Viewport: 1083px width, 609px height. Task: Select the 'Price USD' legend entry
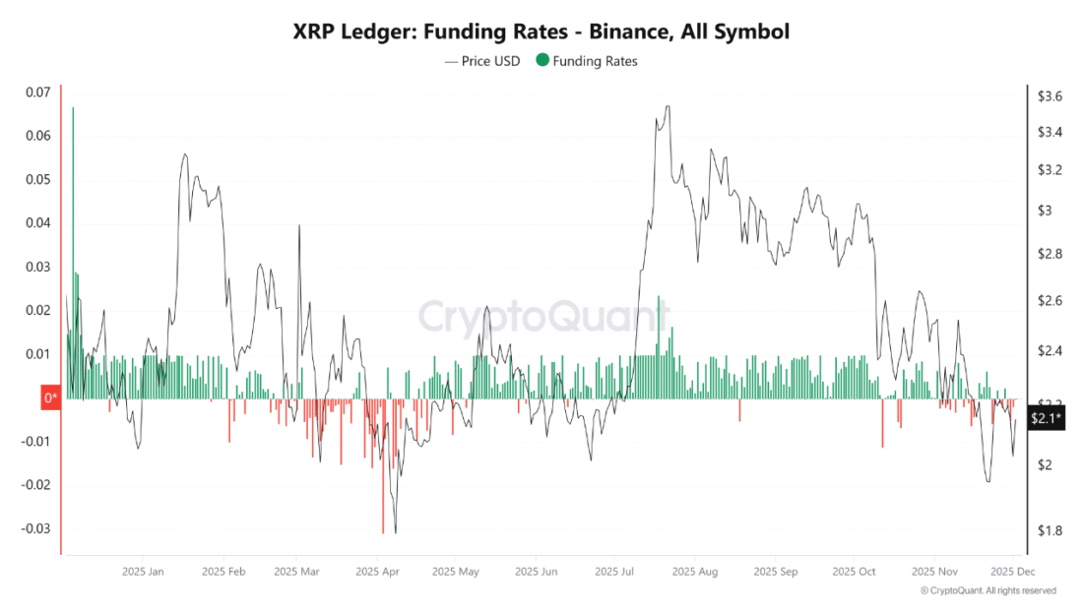pos(489,61)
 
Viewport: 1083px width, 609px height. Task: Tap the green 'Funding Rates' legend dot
pos(542,61)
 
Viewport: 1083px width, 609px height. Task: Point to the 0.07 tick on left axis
pos(36,92)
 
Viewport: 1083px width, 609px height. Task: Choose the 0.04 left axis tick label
pos(36,223)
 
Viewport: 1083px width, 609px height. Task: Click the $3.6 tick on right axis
pos(1050,96)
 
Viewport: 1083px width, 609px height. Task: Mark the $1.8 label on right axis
pos(1050,531)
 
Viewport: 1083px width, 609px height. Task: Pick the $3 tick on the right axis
pos(1045,211)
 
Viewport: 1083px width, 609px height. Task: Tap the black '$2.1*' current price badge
pos(1044,419)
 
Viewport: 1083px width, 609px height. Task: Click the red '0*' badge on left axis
pos(50,398)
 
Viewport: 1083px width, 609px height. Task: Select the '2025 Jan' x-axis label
pos(143,571)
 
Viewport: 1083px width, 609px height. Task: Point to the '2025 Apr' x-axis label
pos(377,571)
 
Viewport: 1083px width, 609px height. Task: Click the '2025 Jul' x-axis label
pos(613,571)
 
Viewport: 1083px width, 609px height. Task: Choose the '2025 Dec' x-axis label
pos(1010,571)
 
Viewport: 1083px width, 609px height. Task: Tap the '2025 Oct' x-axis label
pos(853,571)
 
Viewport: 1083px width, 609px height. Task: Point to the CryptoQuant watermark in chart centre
pos(543,316)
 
